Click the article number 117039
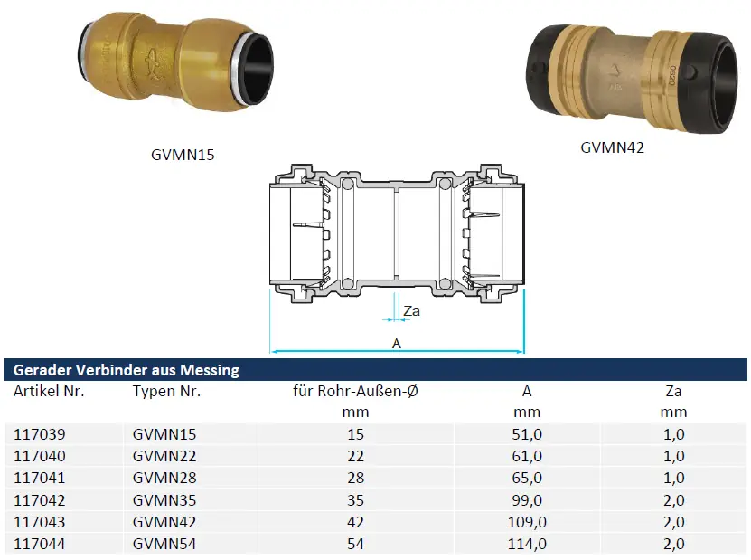(39, 434)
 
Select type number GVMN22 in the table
(164, 456)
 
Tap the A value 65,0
(527, 478)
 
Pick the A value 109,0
(527, 522)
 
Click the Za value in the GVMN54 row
(674, 544)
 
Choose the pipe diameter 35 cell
(355, 500)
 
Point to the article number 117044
(39, 544)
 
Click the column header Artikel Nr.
(49, 391)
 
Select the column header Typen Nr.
(166, 391)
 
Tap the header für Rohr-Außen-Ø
(355, 391)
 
